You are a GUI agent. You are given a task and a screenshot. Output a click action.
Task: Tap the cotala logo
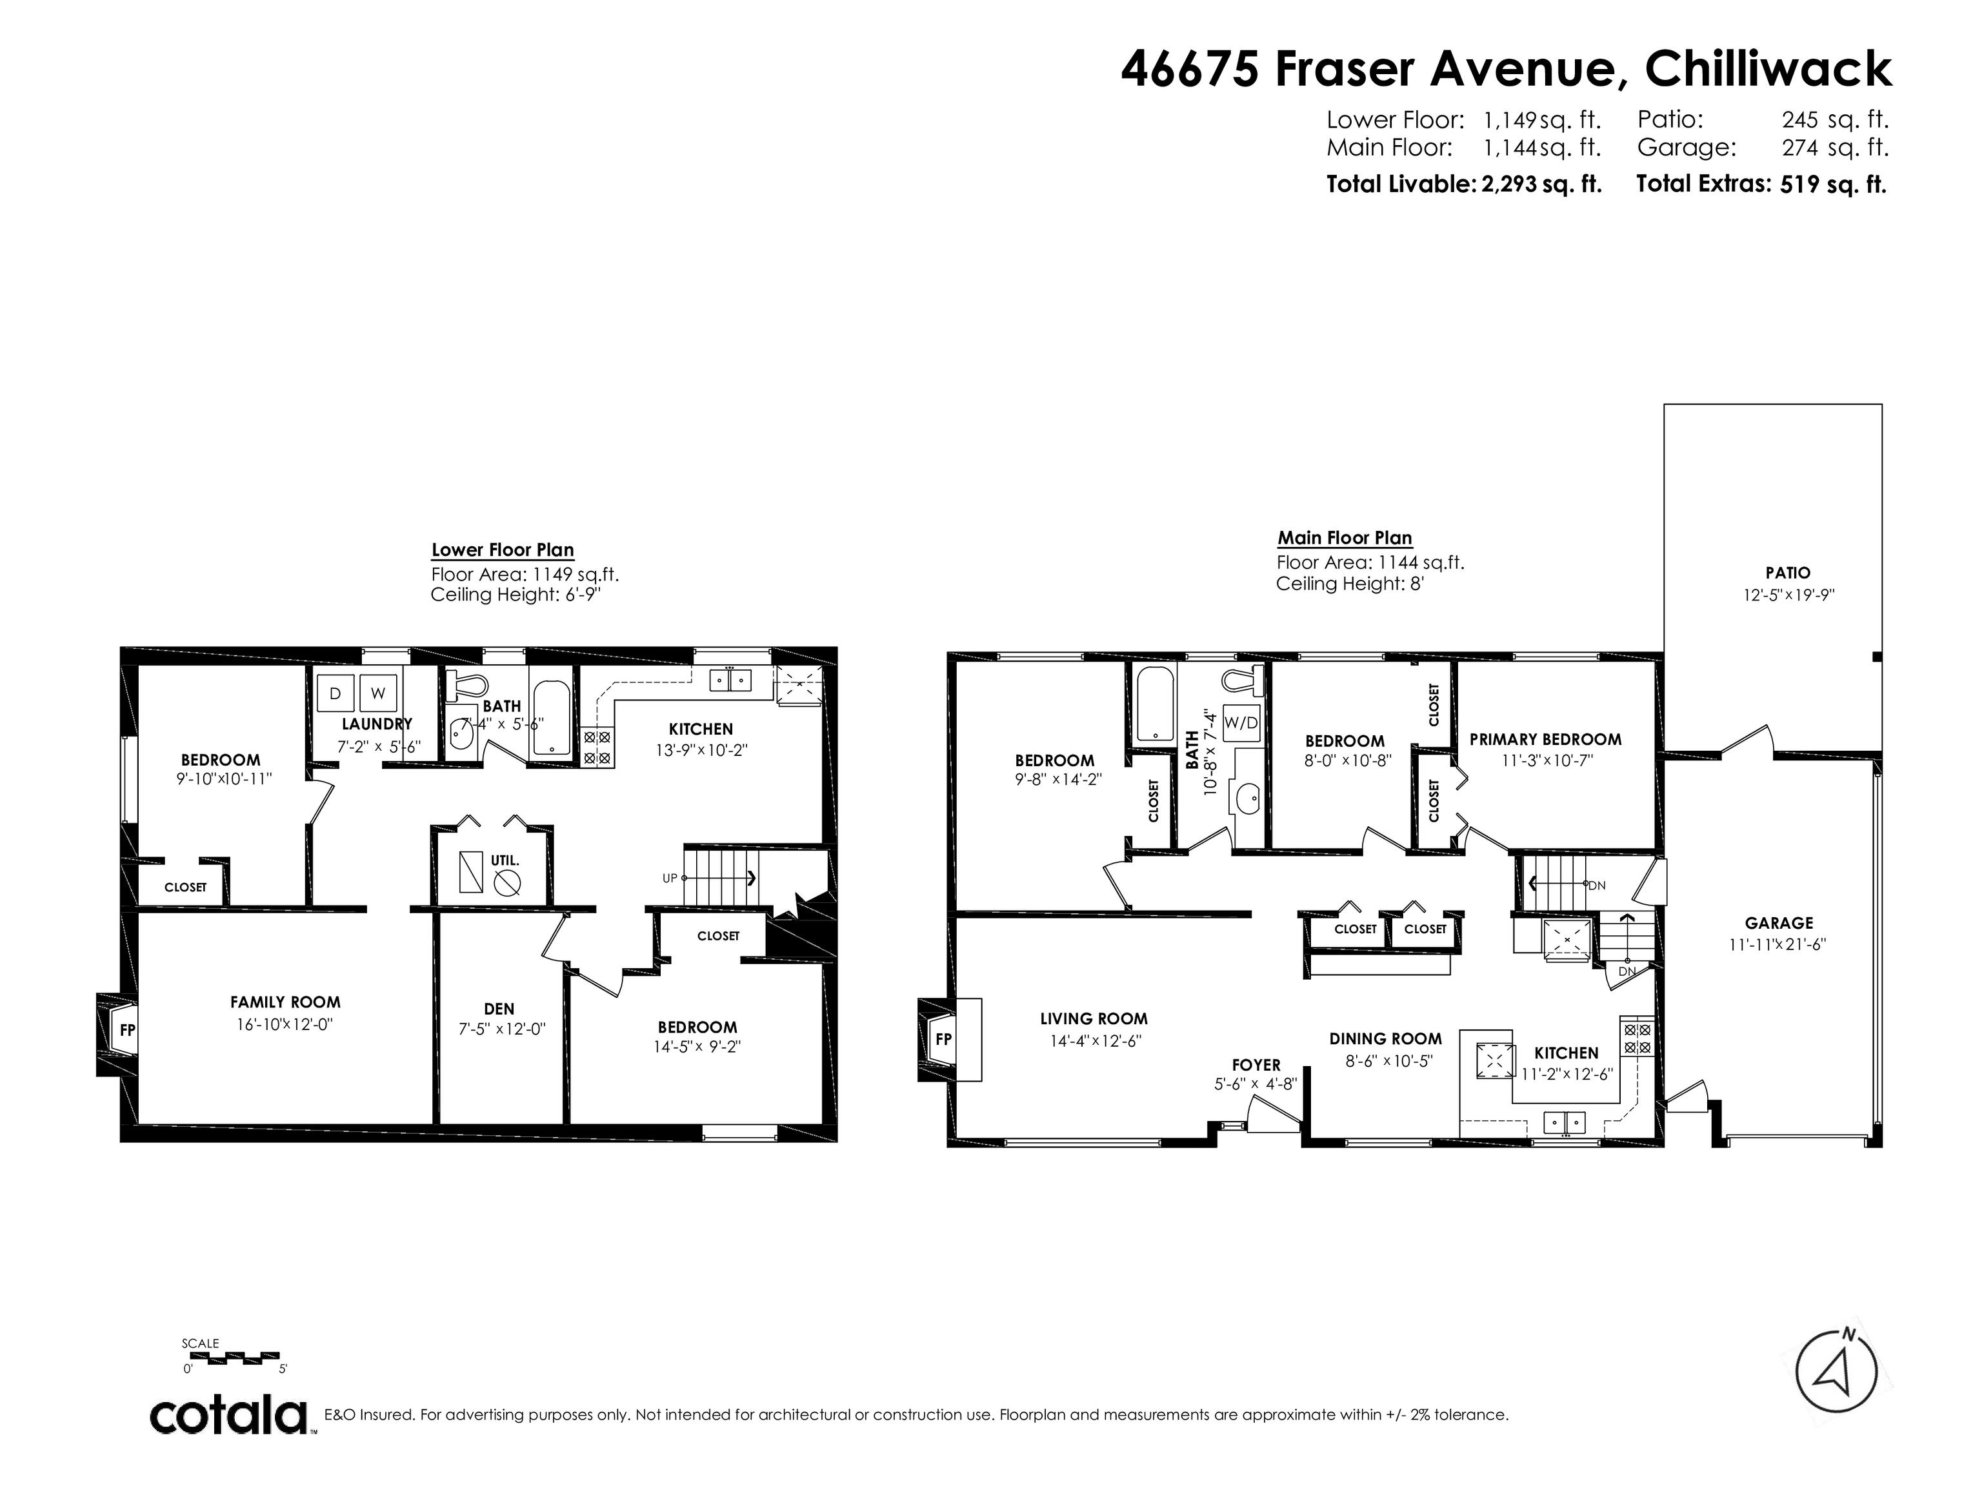228,1416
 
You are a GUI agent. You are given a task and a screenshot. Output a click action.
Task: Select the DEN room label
499,1009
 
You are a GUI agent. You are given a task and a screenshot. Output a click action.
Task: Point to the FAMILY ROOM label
285,1002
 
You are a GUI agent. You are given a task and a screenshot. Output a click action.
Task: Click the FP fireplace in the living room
943,1039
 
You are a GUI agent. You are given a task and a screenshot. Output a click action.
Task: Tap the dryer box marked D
335,693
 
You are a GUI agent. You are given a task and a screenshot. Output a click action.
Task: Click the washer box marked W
377,693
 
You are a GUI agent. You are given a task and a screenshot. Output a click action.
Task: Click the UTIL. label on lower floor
505,860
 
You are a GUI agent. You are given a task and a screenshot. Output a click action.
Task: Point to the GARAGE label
1779,922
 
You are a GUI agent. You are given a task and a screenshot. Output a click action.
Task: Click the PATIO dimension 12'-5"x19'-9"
1788,595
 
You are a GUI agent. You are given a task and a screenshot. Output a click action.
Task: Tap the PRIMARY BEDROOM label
1545,739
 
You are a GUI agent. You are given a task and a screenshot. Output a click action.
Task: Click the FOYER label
1256,1065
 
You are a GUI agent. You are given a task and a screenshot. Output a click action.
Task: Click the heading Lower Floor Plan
503,550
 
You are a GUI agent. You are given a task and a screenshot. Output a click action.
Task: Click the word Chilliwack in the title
1768,68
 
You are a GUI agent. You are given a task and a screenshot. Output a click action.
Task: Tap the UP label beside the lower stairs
669,878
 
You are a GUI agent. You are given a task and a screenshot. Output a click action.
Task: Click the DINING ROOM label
1385,1038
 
